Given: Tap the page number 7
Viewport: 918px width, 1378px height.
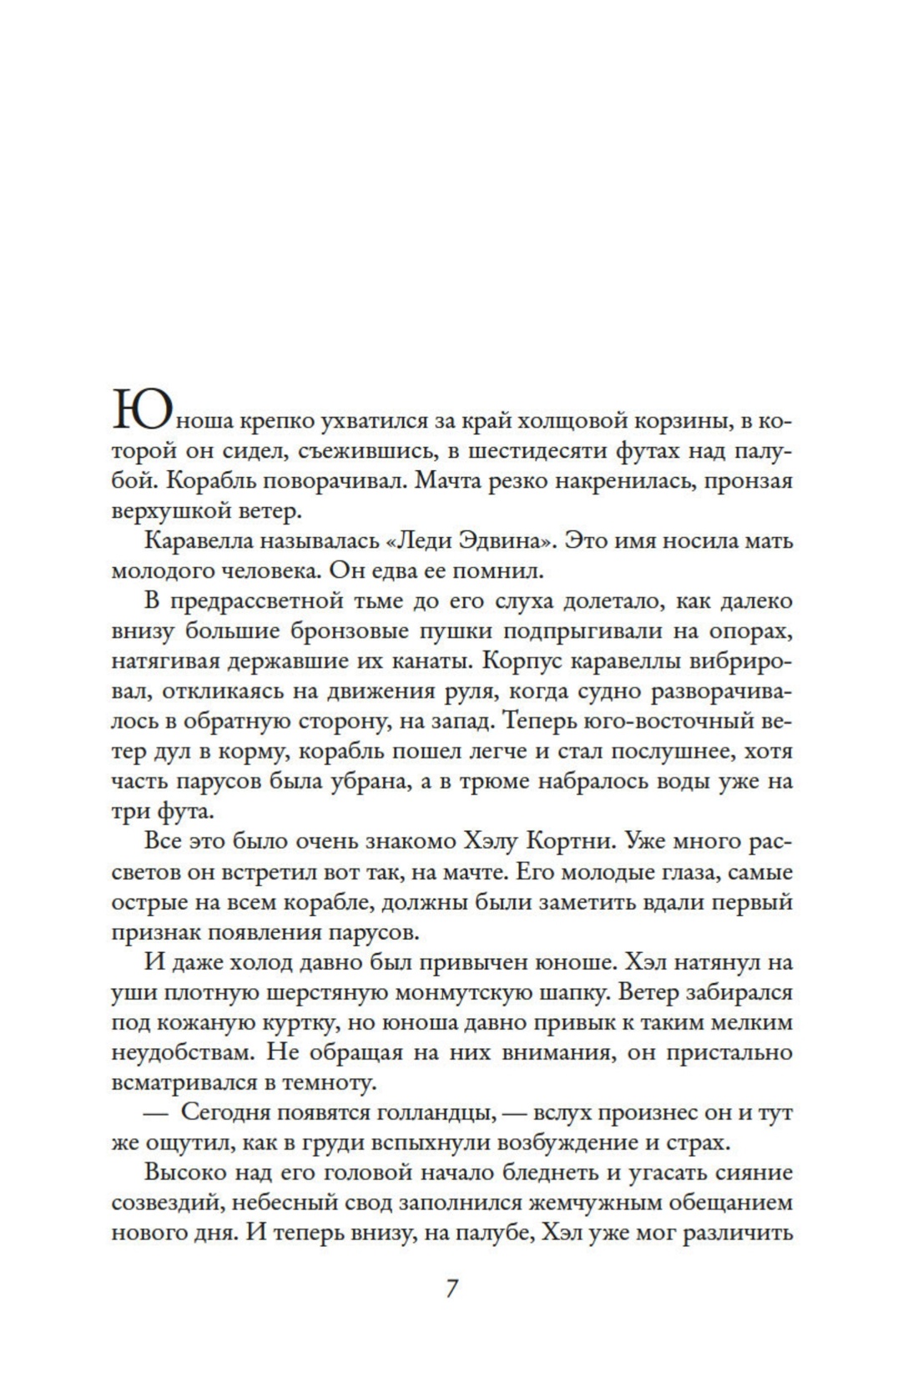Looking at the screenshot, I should tap(451, 1289).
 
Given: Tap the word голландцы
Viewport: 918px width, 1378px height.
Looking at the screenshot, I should tap(426, 1113).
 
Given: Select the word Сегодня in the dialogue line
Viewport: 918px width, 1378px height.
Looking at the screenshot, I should tap(231, 1113).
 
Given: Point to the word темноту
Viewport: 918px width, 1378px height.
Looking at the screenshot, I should tap(322, 1083).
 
